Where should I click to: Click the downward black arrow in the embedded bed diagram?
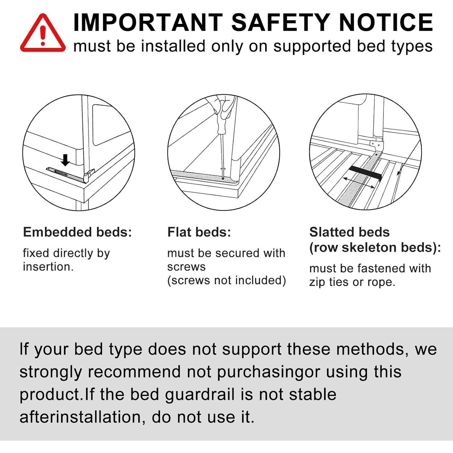pyautogui.click(x=65, y=160)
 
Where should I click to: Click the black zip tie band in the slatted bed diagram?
pyautogui.click(x=365, y=172)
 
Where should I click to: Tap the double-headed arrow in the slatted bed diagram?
pyautogui.click(x=359, y=183)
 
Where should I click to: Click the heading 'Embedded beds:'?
pyautogui.click(x=78, y=232)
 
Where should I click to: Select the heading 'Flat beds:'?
pyautogui.click(x=199, y=232)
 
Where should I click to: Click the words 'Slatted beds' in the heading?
pyautogui.click(x=349, y=232)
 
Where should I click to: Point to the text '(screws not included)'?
pyautogui.click(x=226, y=280)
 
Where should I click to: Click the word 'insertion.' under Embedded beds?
pyautogui.click(x=48, y=267)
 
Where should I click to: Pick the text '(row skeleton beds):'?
pyautogui.click(x=375, y=248)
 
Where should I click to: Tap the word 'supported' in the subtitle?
pyautogui.click(x=312, y=47)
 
